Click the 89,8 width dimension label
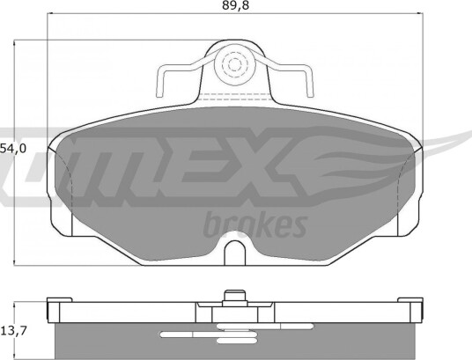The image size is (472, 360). pyautogui.click(x=236, y=5)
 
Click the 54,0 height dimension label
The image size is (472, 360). pyautogui.click(x=13, y=148)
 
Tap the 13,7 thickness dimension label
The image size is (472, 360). pyautogui.click(x=14, y=331)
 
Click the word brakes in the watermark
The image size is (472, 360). pyautogui.click(x=255, y=224)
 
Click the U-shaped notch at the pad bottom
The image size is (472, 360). pyautogui.click(x=235, y=253)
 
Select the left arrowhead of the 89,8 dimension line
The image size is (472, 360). pyautogui.click(x=50, y=13)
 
